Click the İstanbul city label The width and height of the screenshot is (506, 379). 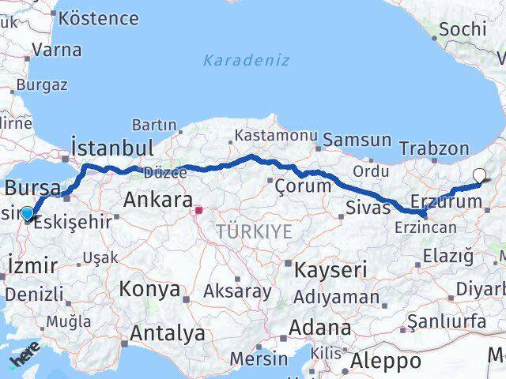(112, 148)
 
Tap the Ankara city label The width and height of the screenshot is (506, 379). (158, 201)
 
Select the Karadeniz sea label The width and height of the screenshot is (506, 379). (246, 60)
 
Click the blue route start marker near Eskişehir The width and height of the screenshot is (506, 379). (28, 213)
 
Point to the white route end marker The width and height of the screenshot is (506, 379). (479, 176)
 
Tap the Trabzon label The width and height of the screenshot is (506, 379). (434, 148)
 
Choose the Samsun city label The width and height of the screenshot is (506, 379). (357, 141)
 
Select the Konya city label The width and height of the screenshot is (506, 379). (149, 289)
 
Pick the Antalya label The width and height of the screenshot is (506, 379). (167, 333)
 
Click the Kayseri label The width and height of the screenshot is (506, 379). (330, 270)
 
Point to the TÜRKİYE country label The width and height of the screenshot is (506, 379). (255, 231)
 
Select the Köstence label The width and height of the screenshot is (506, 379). (99, 17)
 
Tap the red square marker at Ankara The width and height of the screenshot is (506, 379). (198, 210)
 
